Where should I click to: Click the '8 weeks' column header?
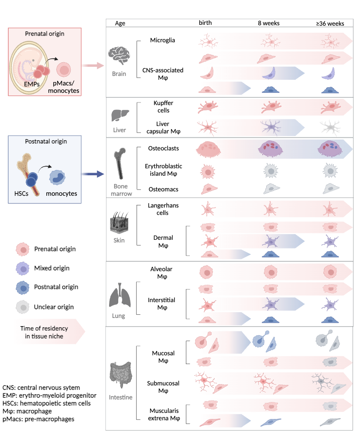(x=268, y=23)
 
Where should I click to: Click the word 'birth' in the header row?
(x=206, y=23)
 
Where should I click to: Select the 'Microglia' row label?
(x=162, y=41)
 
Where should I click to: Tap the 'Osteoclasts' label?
(x=164, y=149)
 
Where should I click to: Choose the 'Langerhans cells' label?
(x=163, y=209)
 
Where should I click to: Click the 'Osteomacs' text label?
(x=164, y=189)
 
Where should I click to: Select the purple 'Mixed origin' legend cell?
(x=22, y=268)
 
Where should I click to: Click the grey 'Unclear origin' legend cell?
(x=22, y=307)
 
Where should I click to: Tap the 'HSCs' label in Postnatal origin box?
(x=21, y=193)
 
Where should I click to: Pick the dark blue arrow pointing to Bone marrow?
(x=95, y=174)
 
